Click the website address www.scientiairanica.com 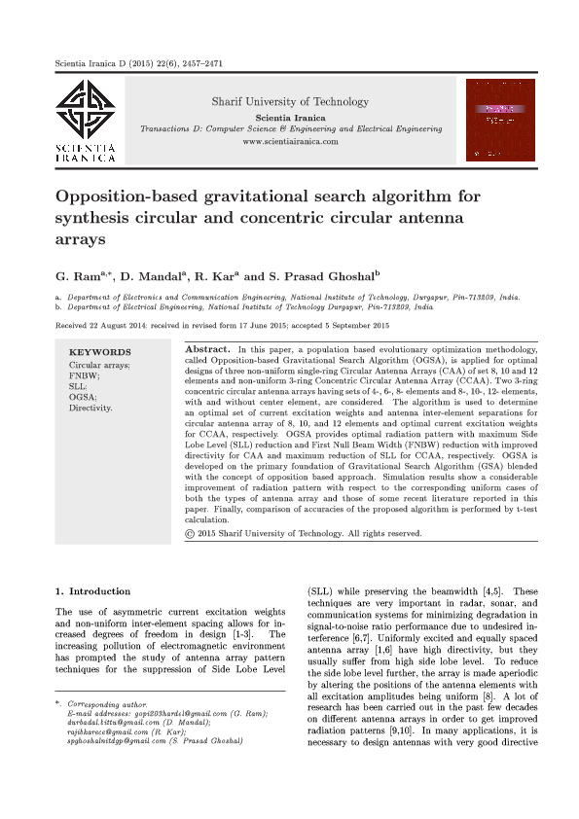click(290, 142)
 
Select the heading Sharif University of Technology click(290, 101)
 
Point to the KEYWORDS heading click(99, 352)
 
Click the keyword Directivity click(90, 408)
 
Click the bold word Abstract click(206, 347)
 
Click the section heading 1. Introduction click(92, 591)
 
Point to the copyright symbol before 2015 click(190, 533)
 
